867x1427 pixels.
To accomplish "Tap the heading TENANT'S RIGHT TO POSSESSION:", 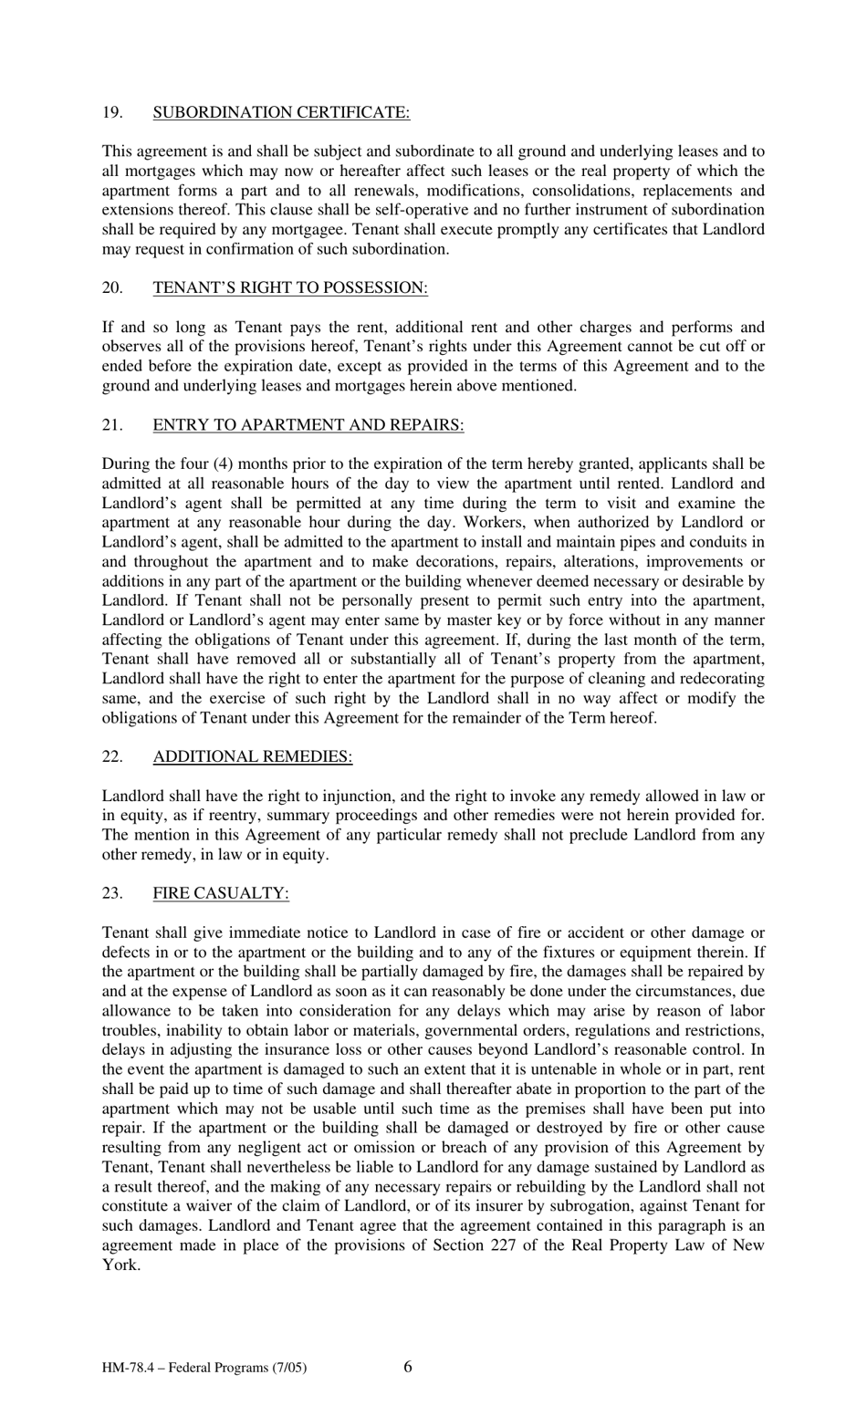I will pos(290,287).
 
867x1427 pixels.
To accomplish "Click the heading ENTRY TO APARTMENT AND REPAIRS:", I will pos(308,424).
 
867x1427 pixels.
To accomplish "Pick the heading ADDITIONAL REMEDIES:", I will pos(252,756).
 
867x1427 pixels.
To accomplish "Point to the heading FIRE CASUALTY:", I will pos(221,893).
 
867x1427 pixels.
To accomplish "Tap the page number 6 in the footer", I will pos(407,1366).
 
